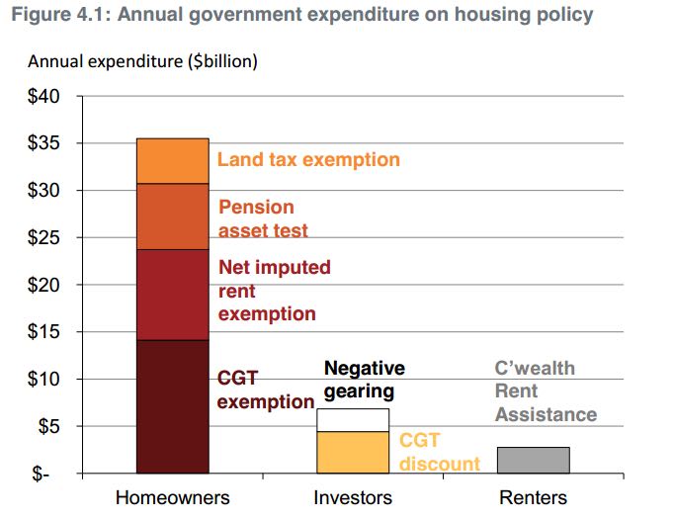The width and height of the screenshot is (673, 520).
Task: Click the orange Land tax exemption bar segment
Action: [x=173, y=161]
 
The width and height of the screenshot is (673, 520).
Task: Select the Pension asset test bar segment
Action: [x=173, y=217]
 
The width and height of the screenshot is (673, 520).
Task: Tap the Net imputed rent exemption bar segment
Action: [x=173, y=295]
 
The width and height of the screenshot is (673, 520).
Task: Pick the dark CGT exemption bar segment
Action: [x=173, y=406]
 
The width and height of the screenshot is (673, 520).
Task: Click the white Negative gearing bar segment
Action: [x=353, y=420]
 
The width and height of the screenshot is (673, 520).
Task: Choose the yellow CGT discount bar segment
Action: [x=353, y=453]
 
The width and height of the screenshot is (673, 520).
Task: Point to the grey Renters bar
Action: [x=534, y=461]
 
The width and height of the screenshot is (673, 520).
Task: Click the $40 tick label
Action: [x=43, y=96]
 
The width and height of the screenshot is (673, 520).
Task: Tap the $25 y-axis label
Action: [x=43, y=237]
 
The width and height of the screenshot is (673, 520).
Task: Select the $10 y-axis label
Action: [x=43, y=379]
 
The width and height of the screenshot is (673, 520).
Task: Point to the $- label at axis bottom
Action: [x=41, y=474]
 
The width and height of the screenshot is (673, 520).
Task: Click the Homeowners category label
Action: [x=173, y=497]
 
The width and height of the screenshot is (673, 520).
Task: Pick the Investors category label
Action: [x=353, y=497]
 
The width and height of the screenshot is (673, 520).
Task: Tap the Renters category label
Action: [x=533, y=497]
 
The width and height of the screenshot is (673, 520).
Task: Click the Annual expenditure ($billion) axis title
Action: [x=142, y=61]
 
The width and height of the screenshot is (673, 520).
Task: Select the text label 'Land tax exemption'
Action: [x=308, y=160]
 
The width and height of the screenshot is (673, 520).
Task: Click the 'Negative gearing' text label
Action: [x=365, y=380]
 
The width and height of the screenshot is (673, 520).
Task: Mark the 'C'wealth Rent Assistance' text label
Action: [x=546, y=391]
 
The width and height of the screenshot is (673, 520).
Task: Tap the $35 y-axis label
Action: [x=43, y=143]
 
